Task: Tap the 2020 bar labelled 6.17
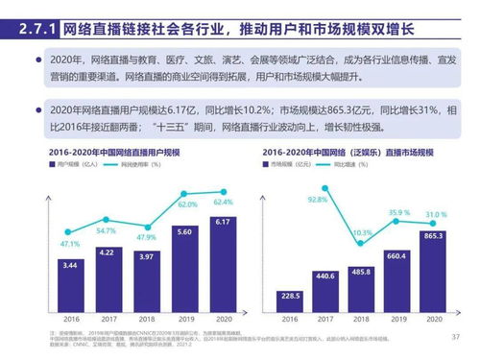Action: [x=224, y=259]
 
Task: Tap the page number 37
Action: [x=455, y=336]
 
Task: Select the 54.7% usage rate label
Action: [x=108, y=231]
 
